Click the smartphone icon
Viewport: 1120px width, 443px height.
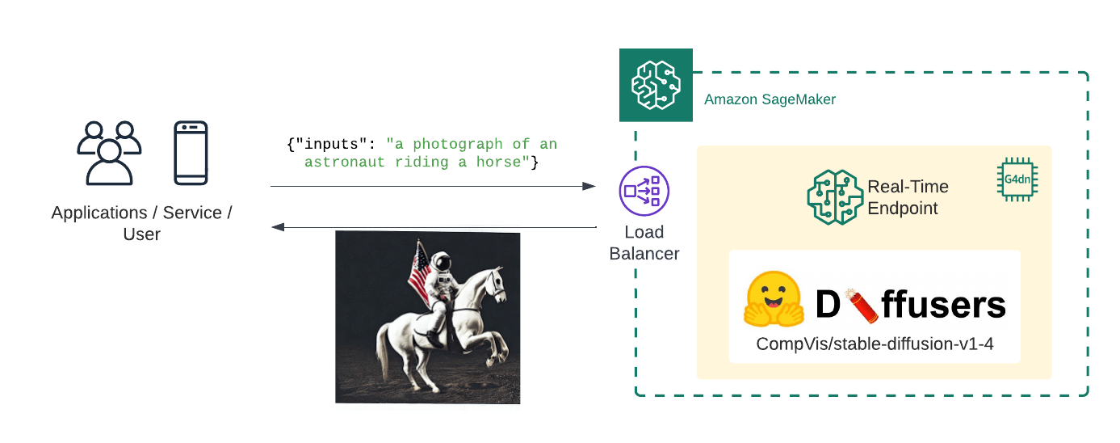(x=191, y=153)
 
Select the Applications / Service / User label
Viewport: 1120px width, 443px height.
(x=141, y=223)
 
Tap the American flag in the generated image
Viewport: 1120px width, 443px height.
(x=419, y=272)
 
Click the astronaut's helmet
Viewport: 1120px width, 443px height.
(x=441, y=262)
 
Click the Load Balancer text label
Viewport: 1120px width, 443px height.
(x=644, y=243)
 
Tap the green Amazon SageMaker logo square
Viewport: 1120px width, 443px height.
(x=656, y=85)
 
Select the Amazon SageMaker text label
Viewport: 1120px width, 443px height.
(x=770, y=99)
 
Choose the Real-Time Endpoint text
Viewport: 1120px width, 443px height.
(x=908, y=197)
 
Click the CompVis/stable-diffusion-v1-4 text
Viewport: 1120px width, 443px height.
(x=874, y=344)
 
